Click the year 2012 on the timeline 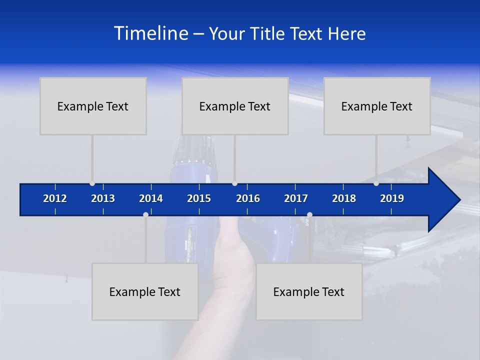click(55, 198)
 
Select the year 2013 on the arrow click(103, 198)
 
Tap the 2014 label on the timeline click(151, 198)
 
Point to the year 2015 click(199, 198)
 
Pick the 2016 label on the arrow click(248, 198)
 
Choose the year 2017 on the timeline click(296, 198)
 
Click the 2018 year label click(344, 198)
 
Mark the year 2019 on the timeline click(392, 198)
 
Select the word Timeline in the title click(150, 33)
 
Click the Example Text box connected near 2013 click(93, 106)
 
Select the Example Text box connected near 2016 click(235, 106)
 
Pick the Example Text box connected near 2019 click(377, 106)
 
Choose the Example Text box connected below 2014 click(145, 291)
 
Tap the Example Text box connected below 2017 click(309, 291)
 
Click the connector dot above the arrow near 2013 click(92, 183)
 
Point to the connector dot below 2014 click(145, 214)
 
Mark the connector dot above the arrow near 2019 click(376, 183)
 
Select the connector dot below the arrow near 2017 click(309, 214)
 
